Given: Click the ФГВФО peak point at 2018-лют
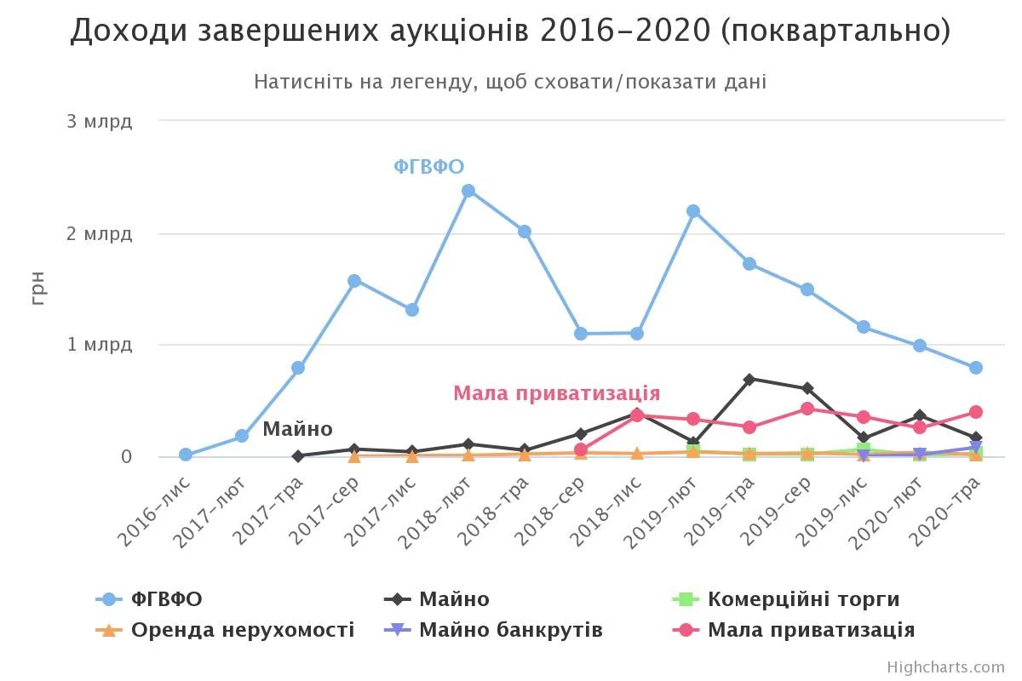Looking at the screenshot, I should tap(468, 191).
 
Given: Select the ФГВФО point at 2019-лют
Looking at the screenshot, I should tap(693, 211).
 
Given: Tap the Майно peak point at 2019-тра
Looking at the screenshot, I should tap(749, 379).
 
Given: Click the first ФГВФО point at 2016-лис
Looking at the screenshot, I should tap(186, 455).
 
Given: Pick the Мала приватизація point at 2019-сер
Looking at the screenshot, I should tap(807, 409).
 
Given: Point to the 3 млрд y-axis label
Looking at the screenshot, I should tap(100, 121).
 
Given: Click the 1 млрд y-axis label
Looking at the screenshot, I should tap(100, 345).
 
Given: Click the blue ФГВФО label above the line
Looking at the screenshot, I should tap(428, 167).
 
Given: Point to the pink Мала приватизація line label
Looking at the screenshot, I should tap(556, 393).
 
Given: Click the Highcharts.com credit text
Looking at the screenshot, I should tap(945, 667).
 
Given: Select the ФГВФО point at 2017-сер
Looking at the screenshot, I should tap(354, 281).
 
